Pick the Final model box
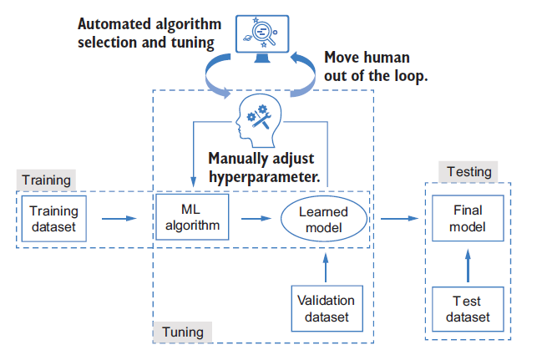coord(467,219)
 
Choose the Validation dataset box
coord(325,309)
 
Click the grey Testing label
coord(468,172)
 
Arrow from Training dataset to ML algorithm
coord(119,219)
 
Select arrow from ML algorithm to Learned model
coord(256,219)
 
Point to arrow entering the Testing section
coord(398,219)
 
